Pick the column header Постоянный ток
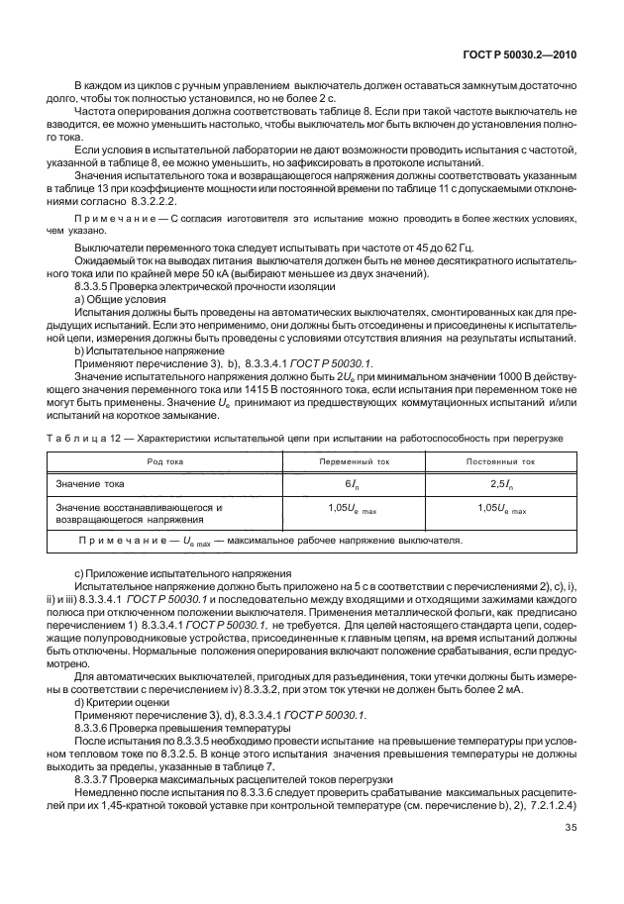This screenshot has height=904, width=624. click(500, 462)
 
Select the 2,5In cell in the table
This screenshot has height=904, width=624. click(500, 485)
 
